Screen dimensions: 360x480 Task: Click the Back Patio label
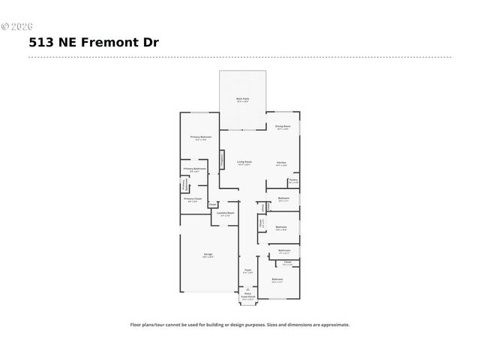[x=243, y=99]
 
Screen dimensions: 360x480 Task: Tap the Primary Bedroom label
[x=200, y=137]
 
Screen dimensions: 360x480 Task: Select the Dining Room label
[x=282, y=127]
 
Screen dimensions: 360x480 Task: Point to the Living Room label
[x=244, y=162]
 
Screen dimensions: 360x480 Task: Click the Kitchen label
[x=281, y=163]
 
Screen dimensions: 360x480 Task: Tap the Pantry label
[x=293, y=180]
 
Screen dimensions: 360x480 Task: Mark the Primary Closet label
[x=193, y=199]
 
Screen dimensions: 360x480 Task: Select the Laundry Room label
[x=226, y=213]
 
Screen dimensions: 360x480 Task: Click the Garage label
[x=207, y=255]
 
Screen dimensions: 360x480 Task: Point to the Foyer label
[x=247, y=270]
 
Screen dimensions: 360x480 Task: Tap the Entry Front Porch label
[x=247, y=296]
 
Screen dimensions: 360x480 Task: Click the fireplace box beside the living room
[x=222, y=160]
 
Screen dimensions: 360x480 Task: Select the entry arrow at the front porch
[x=247, y=289]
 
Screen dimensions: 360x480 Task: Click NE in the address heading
[x=64, y=43]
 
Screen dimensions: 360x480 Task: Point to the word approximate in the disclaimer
[x=332, y=325]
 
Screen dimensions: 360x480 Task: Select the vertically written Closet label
[x=260, y=223]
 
